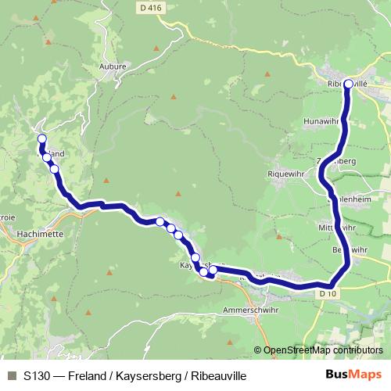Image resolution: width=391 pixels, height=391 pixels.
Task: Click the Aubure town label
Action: point(113,67)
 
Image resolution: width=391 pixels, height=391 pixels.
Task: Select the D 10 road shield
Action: point(327,293)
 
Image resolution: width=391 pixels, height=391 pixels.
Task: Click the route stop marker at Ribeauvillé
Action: point(348,84)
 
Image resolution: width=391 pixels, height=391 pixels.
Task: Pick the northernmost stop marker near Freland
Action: point(41,139)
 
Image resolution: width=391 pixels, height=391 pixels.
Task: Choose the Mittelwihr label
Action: point(337,228)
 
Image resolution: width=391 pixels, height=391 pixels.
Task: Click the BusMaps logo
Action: point(353,375)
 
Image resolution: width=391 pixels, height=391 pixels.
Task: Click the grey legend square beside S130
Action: point(12,376)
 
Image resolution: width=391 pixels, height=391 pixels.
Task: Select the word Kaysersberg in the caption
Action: point(145,376)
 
